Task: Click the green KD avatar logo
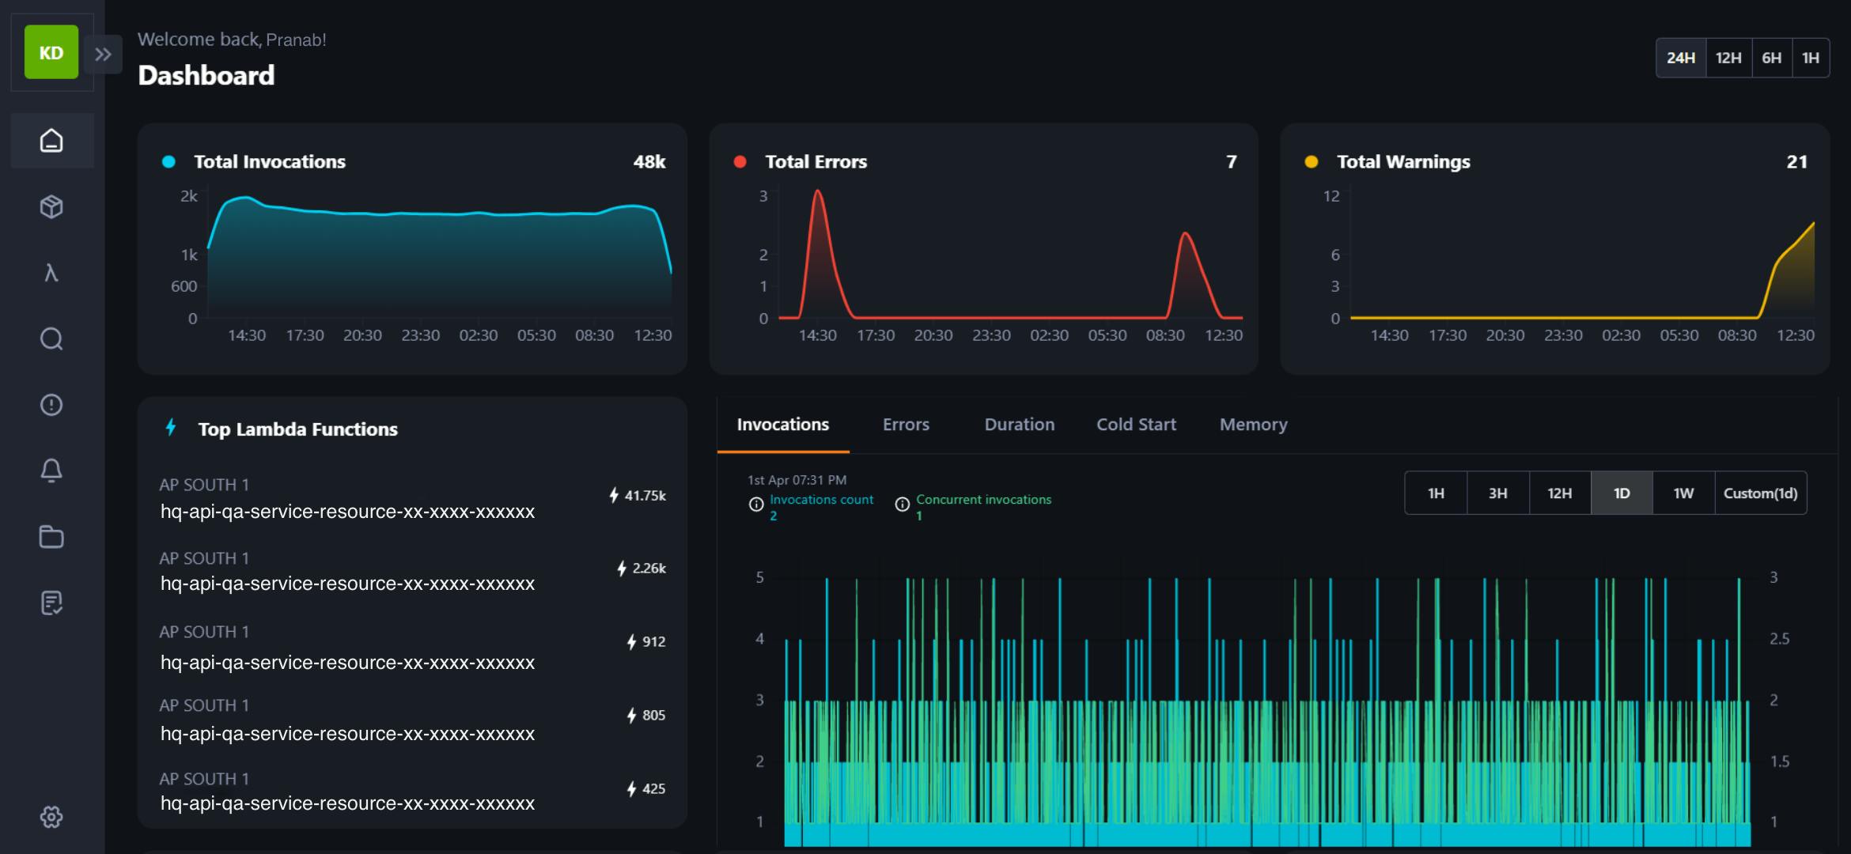51,52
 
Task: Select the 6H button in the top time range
1772,58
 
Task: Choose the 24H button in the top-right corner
1681,58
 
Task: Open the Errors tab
906,425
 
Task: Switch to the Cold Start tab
1136,425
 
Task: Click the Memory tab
1254,425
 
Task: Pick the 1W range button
1683,493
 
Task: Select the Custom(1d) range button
1761,493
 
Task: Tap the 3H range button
1497,493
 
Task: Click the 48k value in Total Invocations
649,162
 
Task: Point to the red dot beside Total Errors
740,162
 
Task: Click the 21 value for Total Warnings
1797,162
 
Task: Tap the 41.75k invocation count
645,496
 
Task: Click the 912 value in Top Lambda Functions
653,642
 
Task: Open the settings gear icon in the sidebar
51,817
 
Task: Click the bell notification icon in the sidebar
51,470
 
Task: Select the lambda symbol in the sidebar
51,273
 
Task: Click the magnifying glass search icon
51,339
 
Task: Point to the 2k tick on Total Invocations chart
189,195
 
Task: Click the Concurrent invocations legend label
984,500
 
